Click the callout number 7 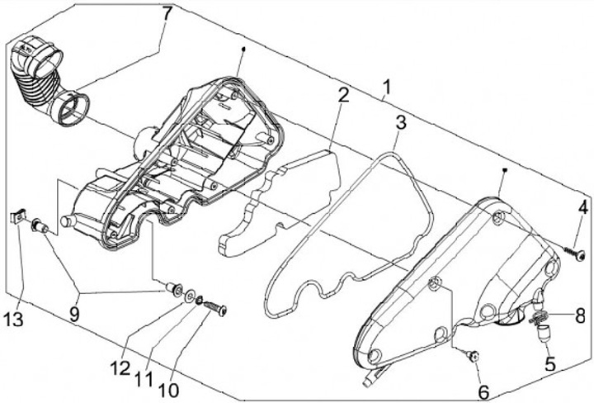coord(167,14)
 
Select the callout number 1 coord(388,86)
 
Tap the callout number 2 coord(342,96)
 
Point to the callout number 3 coord(401,124)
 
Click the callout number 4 coord(582,207)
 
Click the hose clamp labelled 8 coord(538,316)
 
